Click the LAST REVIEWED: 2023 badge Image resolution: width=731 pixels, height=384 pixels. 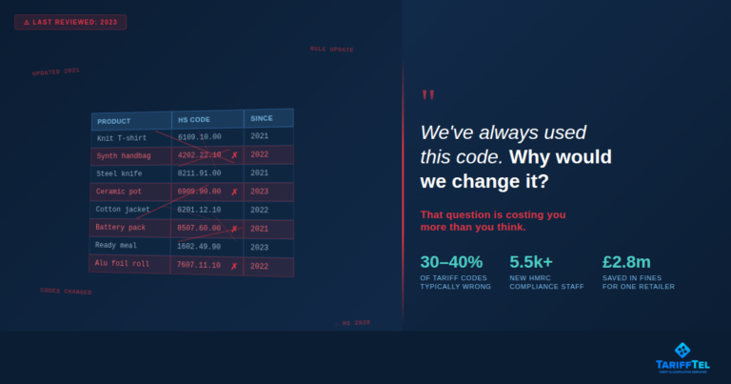click(x=70, y=22)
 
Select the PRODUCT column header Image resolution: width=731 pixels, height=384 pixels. click(x=114, y=121)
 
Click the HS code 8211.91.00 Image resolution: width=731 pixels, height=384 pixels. click(x=199, y=173)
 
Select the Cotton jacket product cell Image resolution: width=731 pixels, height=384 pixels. click(x=123, y=210)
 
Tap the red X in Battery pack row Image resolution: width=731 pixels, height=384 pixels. click(x=234, y=229)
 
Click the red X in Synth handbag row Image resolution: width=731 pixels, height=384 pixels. click(x=234, y=155)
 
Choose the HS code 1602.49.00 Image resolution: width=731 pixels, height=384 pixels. click(x=199, y=246)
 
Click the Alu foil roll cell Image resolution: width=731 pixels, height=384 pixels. click(x=122, y=264)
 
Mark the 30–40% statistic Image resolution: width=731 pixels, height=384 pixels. click(x=451, y=261)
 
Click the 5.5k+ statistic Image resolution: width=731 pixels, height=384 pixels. click(x=531, y=261)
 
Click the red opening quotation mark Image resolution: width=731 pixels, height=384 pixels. click(x=427, y=96)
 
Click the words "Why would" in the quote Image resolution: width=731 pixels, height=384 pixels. click(x=561, y=156)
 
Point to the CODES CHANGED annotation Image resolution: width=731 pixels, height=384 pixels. click(x=66, y=291)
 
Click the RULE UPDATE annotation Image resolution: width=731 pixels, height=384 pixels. click(x=331, y=49)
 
